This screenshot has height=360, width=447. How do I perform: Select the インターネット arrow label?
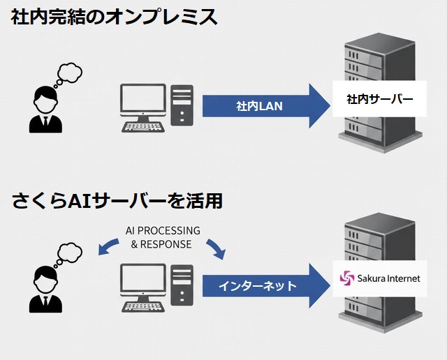point(257,286)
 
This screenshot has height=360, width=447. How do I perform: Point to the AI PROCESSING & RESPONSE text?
point(163,237)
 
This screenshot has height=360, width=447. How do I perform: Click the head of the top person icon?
point(45,97)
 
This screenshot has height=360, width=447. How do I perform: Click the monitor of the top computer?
point(142,100)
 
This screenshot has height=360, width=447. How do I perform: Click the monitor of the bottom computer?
point(142,280)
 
